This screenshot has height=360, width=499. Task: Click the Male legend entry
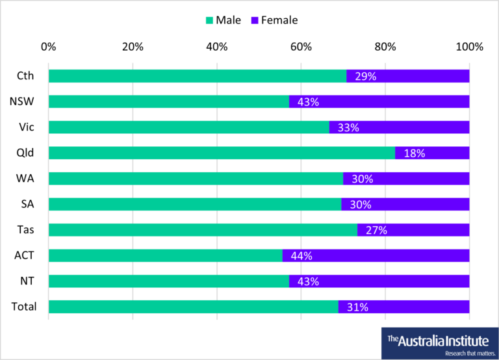(223, 20)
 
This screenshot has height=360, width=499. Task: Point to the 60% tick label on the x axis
(301, 47)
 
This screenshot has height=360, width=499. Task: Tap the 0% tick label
(48, 47)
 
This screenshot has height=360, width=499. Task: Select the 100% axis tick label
(469, 47)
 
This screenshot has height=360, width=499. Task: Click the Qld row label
(25, 153)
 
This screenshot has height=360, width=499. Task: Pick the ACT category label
(25, 255)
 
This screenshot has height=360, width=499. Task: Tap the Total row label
(25, 307)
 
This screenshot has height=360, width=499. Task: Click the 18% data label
(414, 153)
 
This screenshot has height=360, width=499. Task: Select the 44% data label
(301, 256)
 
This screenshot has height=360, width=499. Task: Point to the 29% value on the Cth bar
(365, 76)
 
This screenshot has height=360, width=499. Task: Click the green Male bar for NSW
(169, 102)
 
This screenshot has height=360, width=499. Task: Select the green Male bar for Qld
(221, 153)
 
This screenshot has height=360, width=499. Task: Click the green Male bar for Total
(193, 307)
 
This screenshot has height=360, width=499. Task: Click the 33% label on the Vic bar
(348, 127)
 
